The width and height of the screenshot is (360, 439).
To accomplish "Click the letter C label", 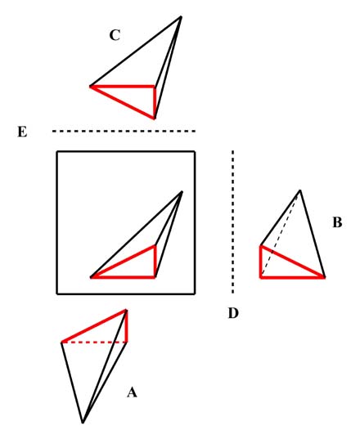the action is [x=115, y=35].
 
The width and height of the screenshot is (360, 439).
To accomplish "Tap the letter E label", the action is [x=22, y=132].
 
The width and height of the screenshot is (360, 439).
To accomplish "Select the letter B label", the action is [x=337, y=222].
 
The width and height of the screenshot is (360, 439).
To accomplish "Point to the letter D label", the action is [x=233, y=313].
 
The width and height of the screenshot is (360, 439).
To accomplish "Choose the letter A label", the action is [x=132, y=392].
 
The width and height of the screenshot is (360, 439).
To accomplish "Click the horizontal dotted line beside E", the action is [x=124, y=131].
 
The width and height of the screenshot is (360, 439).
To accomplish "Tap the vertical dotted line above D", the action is [x=233, y=222].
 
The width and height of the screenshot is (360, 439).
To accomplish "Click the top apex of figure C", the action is [x=181, y=17].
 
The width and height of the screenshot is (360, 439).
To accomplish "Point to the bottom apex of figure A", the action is [x=83, y=422].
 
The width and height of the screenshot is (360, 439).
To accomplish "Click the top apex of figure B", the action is [x=300, y=190].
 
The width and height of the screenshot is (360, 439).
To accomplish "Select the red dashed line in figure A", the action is [x=94, y=342].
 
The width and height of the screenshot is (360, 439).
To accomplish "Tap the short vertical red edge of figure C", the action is [x=155, y=102].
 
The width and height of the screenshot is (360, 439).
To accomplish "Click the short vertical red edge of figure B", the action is [x=261, y=262].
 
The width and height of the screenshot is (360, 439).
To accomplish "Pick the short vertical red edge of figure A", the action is [x=127, y=326].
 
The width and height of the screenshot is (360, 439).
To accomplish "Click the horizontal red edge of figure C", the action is [x=122, y=86].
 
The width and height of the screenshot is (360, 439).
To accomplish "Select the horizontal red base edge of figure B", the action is [x=293, y=277].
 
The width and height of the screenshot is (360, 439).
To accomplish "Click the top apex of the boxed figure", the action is [x=182, y=192].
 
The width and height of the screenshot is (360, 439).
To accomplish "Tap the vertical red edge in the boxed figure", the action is [x=155, y=262].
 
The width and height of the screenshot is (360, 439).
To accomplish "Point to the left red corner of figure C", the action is [x=91, y=87].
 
